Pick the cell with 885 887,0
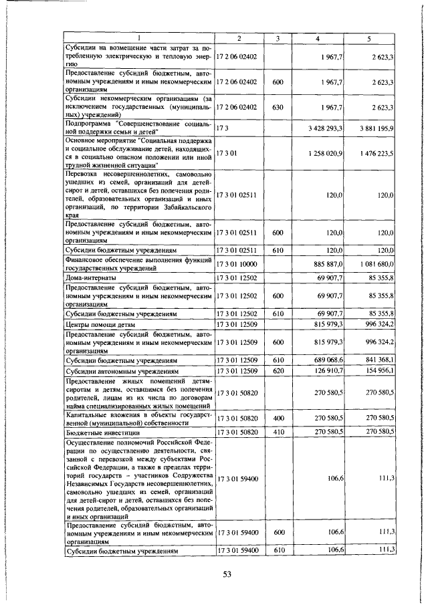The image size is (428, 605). [328, 263]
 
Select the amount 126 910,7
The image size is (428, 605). [327, 370]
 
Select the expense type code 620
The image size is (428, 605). [279, 370]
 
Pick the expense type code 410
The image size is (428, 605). [279, 433]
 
